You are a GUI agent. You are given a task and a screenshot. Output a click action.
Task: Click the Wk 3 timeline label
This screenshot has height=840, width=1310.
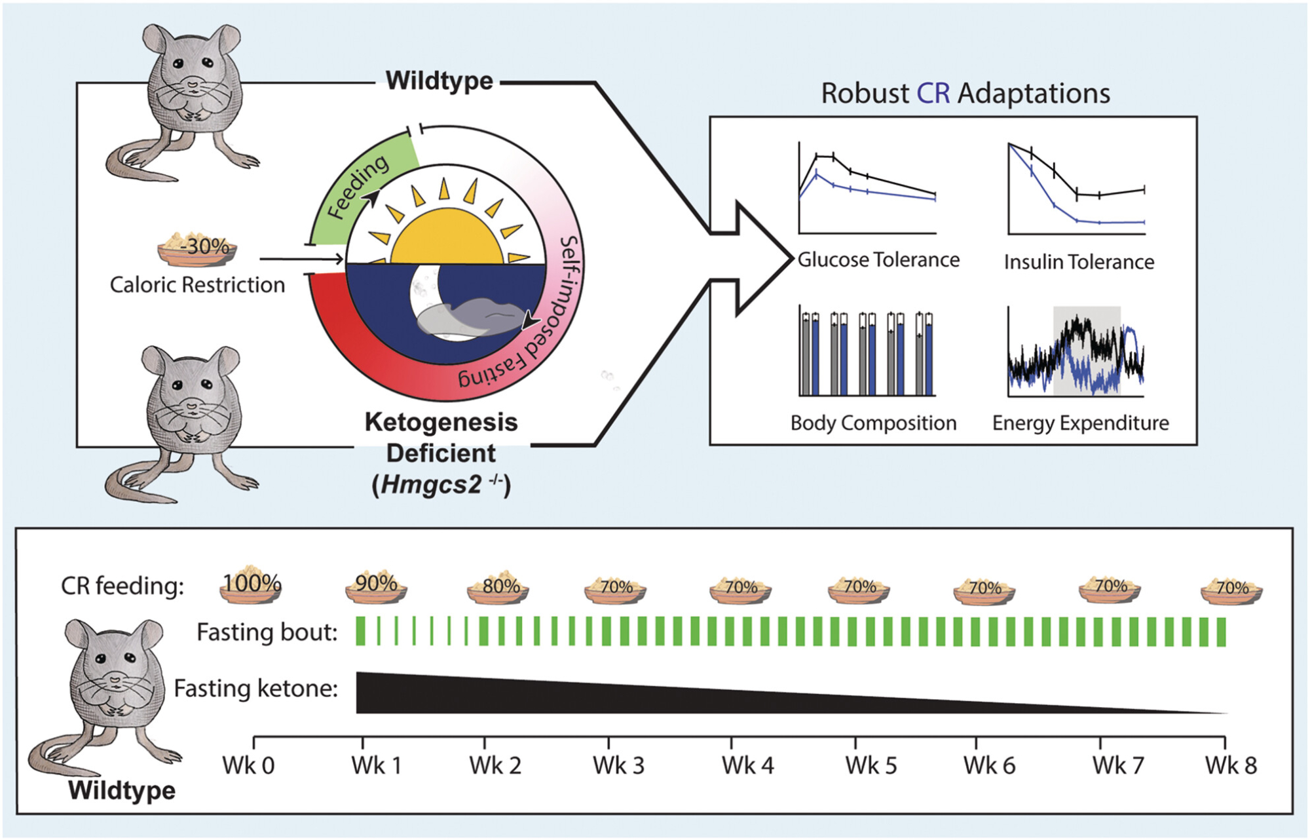(618, 765)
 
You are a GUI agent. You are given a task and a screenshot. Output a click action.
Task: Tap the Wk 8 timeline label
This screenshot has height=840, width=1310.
(1231, 765)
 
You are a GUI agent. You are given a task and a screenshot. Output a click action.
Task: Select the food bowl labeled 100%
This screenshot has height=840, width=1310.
(251, 584)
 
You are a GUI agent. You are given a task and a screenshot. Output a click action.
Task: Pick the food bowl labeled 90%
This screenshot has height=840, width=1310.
(376, 585)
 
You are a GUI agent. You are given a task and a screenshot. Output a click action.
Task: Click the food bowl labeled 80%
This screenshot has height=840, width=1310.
(498, 588)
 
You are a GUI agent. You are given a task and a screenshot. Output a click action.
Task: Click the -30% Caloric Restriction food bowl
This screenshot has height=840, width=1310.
(197, 250)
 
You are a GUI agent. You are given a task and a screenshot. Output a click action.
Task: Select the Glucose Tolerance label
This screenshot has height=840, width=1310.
(878, 260)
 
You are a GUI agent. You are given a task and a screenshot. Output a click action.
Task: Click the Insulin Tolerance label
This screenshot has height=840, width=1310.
(1079, 262)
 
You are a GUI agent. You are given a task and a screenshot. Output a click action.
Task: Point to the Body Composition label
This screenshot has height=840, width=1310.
(873, 423)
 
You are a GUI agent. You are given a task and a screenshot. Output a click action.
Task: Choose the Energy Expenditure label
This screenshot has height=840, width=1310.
(1080, 423)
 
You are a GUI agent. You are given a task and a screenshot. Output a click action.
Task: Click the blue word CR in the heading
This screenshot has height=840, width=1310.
(933, 94)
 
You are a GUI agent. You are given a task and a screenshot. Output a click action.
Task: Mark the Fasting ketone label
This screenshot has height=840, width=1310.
(255, 689)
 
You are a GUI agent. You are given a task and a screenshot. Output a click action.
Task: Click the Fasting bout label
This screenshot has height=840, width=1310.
(267, 632)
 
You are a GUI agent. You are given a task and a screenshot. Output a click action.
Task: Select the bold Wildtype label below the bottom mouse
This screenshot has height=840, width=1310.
(122, 790)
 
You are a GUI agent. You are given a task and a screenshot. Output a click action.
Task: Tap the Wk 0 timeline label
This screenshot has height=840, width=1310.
(248, 765)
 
